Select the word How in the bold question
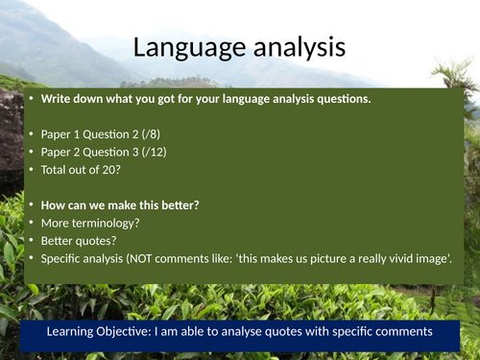click(x=54, y=204)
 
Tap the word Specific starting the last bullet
click(x=62, y=257)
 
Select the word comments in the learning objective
click(x=396, y=331)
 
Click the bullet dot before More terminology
click(x=31, y=222)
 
